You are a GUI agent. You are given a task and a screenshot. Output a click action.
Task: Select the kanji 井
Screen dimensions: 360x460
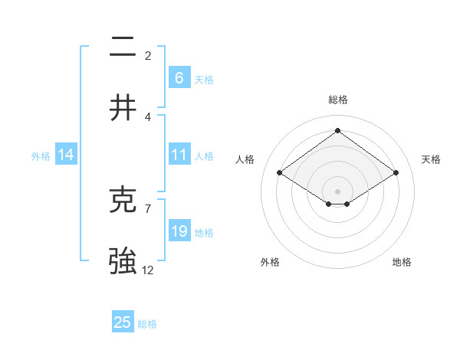123,108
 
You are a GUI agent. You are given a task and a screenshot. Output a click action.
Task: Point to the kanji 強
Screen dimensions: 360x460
123,261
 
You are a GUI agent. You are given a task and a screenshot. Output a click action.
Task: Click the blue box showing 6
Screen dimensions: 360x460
179,78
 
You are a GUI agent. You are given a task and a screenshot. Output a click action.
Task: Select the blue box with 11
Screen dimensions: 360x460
179,155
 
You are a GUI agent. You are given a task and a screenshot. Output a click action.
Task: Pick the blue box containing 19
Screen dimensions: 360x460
179,231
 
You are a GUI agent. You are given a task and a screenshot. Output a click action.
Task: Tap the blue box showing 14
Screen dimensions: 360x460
66,155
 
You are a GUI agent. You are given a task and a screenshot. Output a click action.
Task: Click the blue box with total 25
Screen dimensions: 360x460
123,322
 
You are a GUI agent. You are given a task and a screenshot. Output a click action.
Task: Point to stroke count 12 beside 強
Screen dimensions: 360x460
148,270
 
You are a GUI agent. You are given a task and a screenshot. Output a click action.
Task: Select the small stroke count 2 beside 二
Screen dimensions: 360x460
148,56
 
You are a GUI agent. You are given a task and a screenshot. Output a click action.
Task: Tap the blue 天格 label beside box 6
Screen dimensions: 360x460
204,79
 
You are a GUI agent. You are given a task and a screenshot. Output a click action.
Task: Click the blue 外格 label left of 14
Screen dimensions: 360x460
41,156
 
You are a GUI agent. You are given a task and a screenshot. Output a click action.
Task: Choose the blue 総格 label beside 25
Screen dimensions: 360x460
147,323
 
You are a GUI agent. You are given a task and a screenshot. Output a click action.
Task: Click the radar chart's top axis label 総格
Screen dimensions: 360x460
338,100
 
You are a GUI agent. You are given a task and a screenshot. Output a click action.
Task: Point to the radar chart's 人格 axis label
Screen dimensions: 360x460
245,159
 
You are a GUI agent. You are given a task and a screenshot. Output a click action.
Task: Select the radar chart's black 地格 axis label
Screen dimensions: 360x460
402,262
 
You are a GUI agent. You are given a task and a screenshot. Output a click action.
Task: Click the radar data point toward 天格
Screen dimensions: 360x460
396,173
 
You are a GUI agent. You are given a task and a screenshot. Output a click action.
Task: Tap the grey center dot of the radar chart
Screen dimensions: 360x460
337,190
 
